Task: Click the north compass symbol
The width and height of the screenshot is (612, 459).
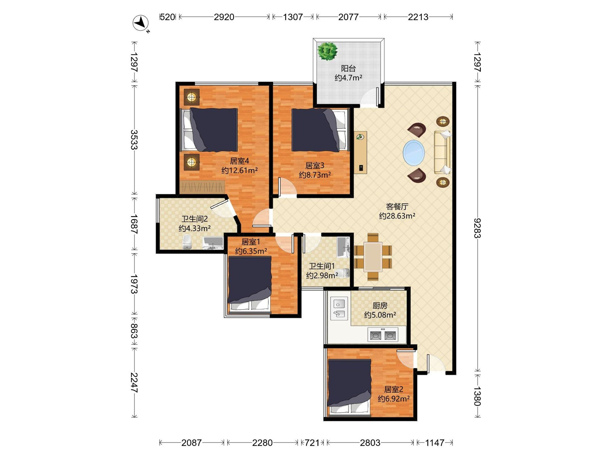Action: pyautogui.click(x=141, y=23)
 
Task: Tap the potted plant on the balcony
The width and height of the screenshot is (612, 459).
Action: pyautogui.click(x=328, y=51)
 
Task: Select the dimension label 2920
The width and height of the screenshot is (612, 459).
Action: pyautogui.click(x=224, y=17)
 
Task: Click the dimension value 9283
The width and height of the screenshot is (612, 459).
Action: pyautogui.click(x=477, y=228)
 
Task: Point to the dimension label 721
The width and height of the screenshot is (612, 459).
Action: pyautogui.click(x=312, y=443)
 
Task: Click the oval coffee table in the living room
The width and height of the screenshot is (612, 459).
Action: pyautogui.click(x=414, y=153)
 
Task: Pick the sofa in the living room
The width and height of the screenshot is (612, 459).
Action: pyautogui.click(x=442, y=152)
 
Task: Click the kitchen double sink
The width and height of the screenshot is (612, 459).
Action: pyautogui.click(x=339, y=309)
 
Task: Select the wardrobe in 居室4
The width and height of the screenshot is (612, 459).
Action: pyautogui.click(x=202, y=187)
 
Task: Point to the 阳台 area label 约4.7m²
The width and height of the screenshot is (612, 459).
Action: pyautogui.click(x=348, y=78)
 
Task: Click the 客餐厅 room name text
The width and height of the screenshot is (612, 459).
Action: pyautogui.click(x=397, y=206)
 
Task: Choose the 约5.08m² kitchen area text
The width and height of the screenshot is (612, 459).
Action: pyautogui.click(x=380, y=315)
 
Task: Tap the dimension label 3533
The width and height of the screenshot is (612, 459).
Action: pyautogui.click(x=134, y=140)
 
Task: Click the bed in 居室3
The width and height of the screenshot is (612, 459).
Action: pyautogui.click(x=319, y=130)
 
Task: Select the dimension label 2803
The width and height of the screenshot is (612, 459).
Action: pyautogui.click(x=370, y=443)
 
